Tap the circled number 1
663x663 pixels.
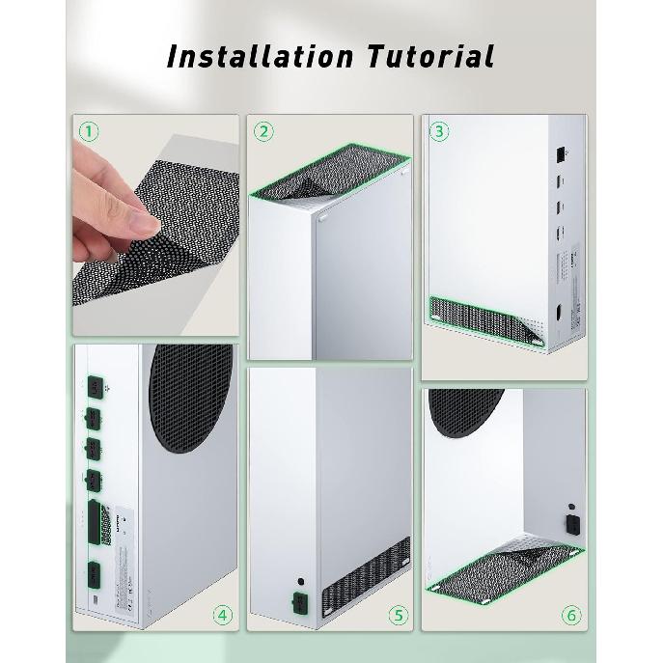tap(89, 132)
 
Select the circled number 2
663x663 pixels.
tap(263, 132)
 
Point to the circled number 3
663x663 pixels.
tap(439, 132)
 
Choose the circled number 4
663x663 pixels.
tap(223, 614)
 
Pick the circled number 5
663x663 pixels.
tap(399, 614)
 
